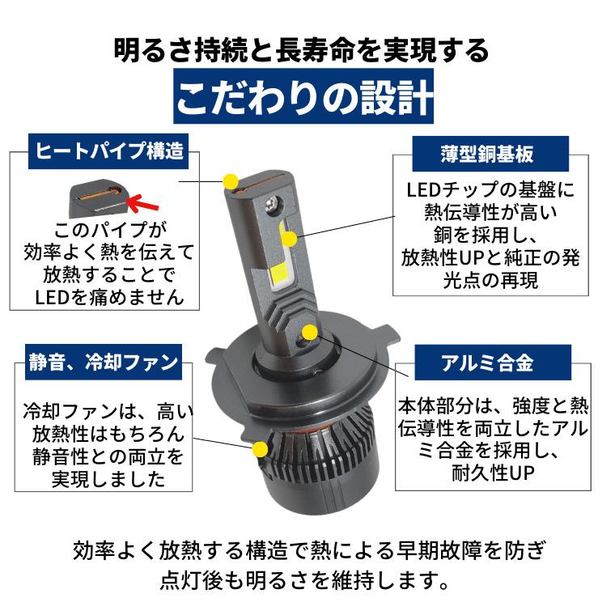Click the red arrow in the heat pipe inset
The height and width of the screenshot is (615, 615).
pyautogui.click(x=146, y=199)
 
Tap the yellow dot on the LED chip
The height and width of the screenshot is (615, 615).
pyautogui.click(x=289, y=238)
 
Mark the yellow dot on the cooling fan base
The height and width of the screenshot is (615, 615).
pyautogui.click(x=259, y=449)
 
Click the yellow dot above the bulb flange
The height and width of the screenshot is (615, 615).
pyautogui.click(x=310, y=333)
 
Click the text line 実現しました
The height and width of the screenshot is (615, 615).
pyautogui.click(x=110, y=478)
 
